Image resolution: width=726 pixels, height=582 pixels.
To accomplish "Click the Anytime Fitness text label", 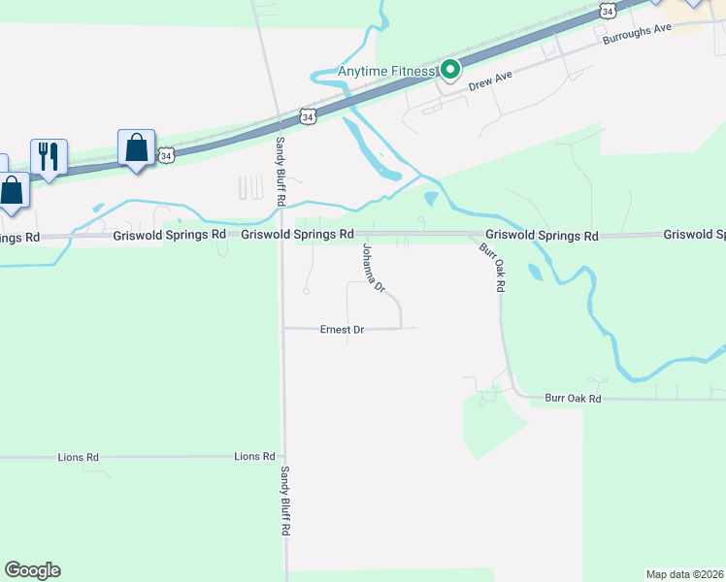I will pos(384,72).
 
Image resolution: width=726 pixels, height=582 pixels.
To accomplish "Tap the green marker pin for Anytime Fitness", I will pos(450,69).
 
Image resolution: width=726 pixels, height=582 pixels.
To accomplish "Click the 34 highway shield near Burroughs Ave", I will pos(608,10).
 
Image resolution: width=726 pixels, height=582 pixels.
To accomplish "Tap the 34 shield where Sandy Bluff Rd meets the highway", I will pos(307,116).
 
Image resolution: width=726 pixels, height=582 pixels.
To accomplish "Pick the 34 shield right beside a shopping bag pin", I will pos(166,154).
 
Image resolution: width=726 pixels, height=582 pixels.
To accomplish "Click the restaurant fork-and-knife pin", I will pos(49,155).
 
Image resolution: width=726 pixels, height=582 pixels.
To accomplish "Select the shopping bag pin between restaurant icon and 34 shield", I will pos(137,148).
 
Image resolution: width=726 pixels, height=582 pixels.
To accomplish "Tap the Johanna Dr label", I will pos(374,269).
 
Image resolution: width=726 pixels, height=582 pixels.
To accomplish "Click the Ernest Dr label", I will pos(342,330).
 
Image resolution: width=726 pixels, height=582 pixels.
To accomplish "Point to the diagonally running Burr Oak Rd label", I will pos(493,261).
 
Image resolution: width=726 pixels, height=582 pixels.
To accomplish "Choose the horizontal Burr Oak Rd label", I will pos(573,399).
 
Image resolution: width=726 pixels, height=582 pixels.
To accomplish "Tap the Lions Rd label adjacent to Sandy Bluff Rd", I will pos(254,456).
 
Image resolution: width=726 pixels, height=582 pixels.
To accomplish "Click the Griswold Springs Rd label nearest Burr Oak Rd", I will pos(542,236).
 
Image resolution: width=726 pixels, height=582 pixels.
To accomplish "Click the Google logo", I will pos(32,570).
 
